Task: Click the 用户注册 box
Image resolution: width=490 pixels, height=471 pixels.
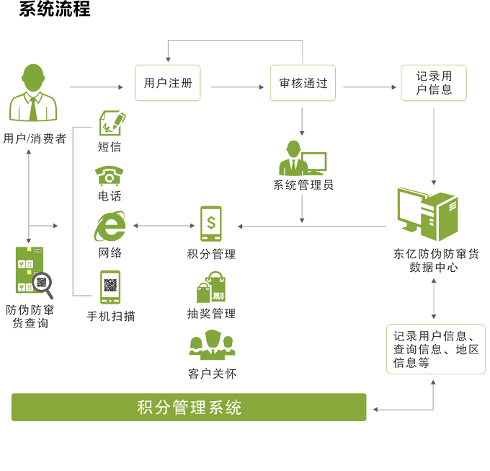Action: (x=168, y=83)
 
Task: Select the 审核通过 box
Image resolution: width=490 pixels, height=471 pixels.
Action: (x=303, y=83)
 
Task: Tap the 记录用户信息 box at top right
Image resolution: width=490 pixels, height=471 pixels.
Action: (x=434, y=83)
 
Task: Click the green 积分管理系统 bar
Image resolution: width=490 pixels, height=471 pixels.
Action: (x=189, y=407)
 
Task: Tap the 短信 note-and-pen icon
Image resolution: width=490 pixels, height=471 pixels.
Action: (x=110, y=123)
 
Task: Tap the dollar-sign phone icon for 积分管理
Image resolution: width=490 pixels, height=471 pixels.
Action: (x=211, y=226)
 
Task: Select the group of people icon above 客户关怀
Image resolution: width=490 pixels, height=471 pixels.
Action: (x=212, y=345)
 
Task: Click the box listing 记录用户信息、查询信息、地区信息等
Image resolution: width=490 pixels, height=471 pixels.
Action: (x=435, y=349)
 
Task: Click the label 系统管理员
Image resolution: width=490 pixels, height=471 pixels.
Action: (x=303, y=185)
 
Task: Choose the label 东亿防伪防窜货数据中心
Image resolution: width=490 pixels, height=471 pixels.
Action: (x=435, y=260)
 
